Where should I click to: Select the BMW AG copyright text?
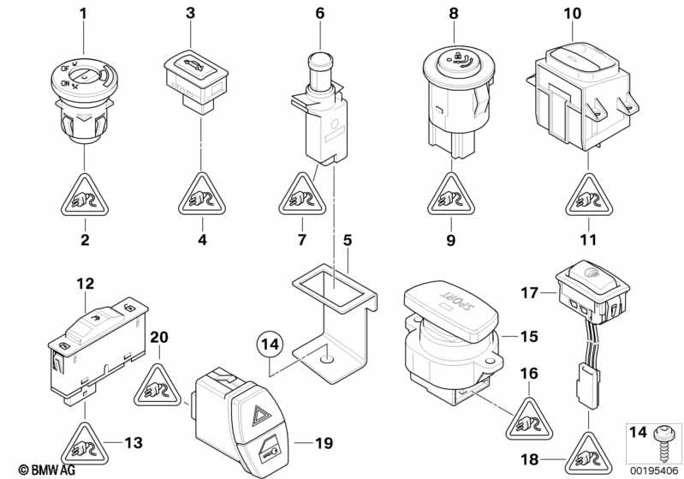[x=29, y=469]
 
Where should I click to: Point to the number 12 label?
[x=85, y=283]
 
